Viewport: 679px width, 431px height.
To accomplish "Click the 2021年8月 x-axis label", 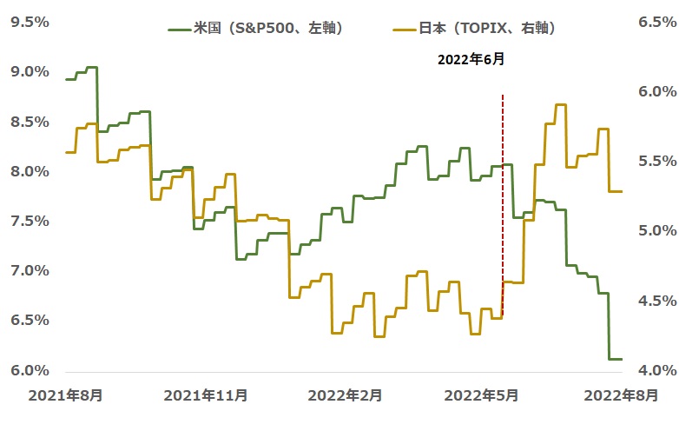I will tap(66, 395).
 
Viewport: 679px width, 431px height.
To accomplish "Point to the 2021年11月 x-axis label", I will tap(205, 395).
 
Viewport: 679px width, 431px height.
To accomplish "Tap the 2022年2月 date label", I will tap(346, 395).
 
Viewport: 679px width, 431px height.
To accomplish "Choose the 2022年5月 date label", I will tap(482, 395).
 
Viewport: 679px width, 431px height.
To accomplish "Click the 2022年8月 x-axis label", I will tap(620, 395).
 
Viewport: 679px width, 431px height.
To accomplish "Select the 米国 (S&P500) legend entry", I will tap(256, 29).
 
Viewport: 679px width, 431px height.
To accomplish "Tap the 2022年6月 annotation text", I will tap(469, 61).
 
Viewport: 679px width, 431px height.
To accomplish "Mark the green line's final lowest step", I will tap(615, 358).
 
